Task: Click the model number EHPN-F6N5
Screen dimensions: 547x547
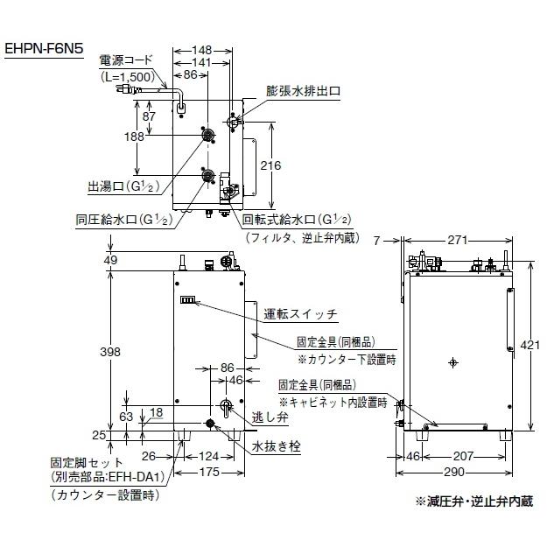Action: pyautogui.click(x=44, y=50)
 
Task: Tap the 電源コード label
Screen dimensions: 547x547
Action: pyautogui.click(x=127, y=62)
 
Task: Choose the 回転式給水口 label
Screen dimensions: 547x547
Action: pyautogui.click(x=298, y=219)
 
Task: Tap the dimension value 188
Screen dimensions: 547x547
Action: pyautogui.click(x=134, y=137)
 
